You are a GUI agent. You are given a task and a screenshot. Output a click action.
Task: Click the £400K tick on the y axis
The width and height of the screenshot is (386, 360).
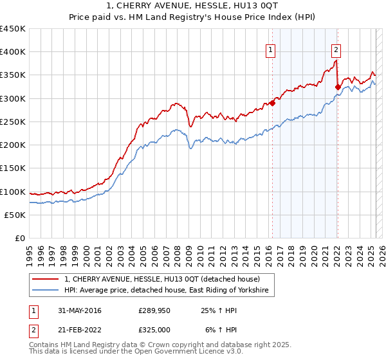(x=12, y=52)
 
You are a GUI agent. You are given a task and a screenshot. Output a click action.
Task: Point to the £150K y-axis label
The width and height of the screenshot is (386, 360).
(x=12, y=168)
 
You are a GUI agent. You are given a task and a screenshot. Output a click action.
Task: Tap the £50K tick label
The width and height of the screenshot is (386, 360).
(x=15, y=215)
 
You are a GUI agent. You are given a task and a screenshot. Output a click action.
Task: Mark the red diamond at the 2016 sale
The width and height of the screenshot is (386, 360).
(x=272, y=102)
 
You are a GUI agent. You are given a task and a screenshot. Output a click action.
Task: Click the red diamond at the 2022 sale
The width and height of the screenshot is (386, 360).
(x=338, y=86)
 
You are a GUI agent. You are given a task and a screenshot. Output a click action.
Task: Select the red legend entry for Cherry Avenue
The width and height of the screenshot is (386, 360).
(x=161, y=279)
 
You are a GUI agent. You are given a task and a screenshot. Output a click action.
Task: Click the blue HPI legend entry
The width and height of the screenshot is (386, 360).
(x=169, y=291)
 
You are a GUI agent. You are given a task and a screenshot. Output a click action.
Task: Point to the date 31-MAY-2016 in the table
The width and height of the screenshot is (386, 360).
(x=80, y=311)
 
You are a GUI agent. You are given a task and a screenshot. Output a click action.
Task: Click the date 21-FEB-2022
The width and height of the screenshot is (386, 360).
(x=80, y=330)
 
